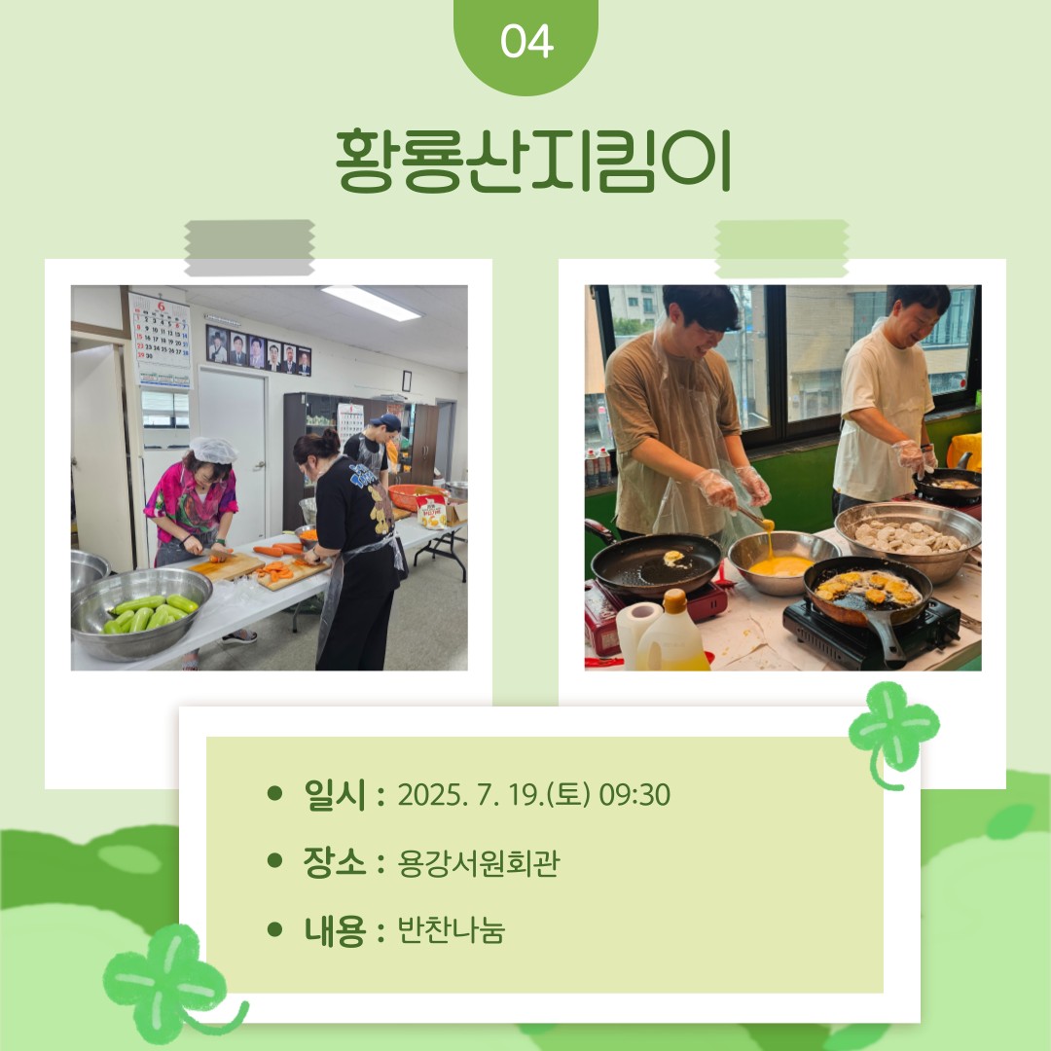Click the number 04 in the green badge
(526, 42)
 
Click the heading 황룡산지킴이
(533, 161)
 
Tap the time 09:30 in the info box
(634, 795)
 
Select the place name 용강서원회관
(478, 863)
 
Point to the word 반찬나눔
(452, 930)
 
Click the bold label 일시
(335, 795)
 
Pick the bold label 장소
(335, 862)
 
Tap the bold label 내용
(335, 930)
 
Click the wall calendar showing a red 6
(162, 341)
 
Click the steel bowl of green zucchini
(141, 613)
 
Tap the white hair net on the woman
(213, 450)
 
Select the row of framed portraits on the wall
(259, 350)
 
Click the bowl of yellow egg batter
(782, 562)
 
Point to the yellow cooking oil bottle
(671, 633)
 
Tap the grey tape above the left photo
(249, 247)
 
